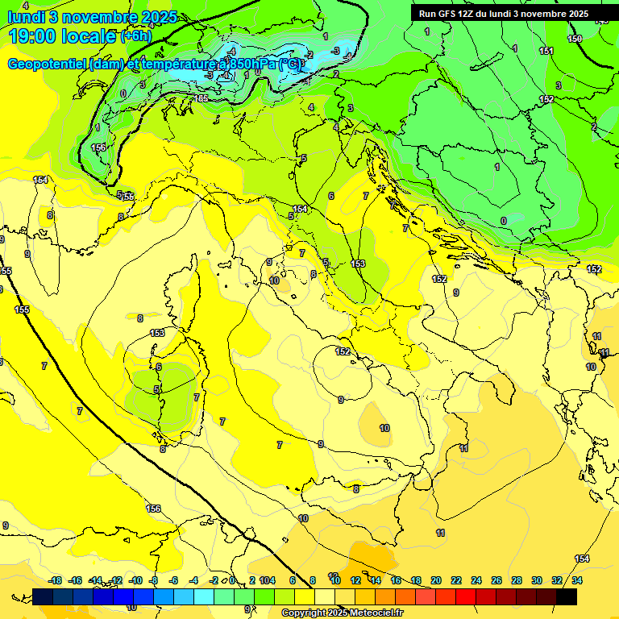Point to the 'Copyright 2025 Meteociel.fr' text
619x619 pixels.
pos(342,613)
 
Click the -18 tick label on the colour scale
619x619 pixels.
pos(55,580)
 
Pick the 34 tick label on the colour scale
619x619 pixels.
pos(577,580)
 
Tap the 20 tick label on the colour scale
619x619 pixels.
pos(436,580)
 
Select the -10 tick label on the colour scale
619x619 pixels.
pos(135,580)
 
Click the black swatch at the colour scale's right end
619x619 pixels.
pos(567,596)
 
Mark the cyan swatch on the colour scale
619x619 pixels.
pos(204,596)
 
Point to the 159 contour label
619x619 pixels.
pos(575,39)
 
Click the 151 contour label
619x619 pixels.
pos(546,51)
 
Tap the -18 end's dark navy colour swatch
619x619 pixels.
pos(43,596)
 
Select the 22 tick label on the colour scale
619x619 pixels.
pos(456,580)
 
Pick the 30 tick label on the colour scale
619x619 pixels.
pos(537,580)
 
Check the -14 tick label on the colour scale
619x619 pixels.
pos(95,580)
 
